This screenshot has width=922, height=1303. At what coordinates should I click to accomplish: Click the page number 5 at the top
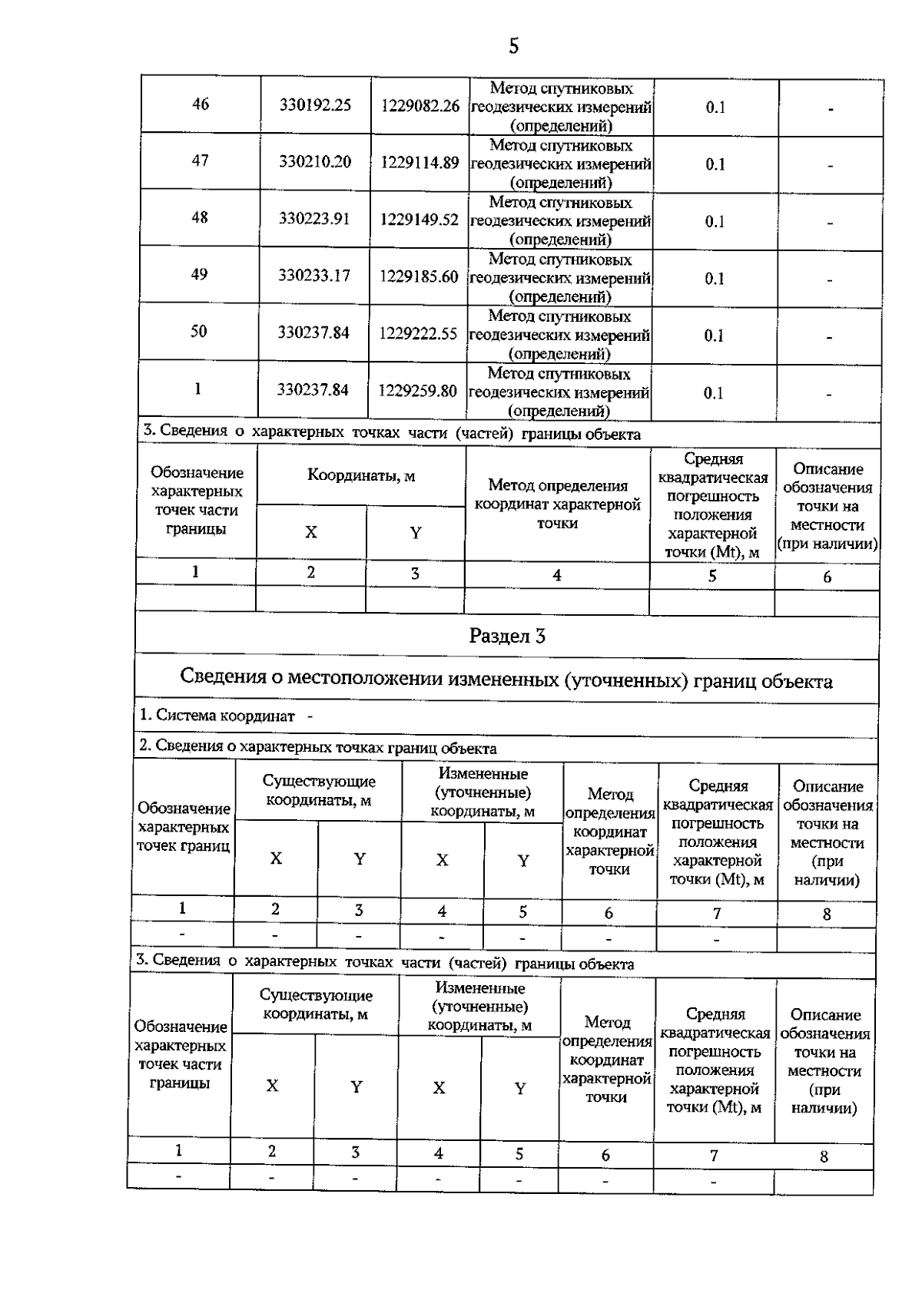513,47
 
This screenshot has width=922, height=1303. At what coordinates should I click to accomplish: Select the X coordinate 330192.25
315,104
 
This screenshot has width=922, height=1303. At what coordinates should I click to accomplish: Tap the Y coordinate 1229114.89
420,162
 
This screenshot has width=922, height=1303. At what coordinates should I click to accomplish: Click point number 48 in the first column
200,217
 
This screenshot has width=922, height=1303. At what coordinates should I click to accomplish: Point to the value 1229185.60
419,276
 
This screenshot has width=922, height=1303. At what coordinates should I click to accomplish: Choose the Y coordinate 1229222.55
418,333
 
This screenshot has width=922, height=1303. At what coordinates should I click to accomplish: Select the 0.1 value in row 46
715,107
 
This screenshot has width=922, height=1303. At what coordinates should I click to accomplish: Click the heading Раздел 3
507,636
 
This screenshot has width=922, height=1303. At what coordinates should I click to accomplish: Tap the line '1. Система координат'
217,716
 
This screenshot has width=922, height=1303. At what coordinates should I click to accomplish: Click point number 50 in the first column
199,332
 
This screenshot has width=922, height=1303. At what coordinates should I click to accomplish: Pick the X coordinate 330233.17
314,275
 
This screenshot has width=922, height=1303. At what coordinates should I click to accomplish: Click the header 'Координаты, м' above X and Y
361,475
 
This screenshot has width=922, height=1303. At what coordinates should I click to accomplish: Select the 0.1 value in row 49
715,279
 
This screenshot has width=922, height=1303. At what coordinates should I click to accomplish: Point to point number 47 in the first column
200,160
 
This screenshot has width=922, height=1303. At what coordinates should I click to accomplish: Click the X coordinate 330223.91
314,218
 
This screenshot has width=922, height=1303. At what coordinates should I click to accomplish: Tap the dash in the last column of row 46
831,110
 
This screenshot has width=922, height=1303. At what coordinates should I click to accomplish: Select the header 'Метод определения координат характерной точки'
557,504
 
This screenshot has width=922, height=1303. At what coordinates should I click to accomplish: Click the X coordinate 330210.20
315,161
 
